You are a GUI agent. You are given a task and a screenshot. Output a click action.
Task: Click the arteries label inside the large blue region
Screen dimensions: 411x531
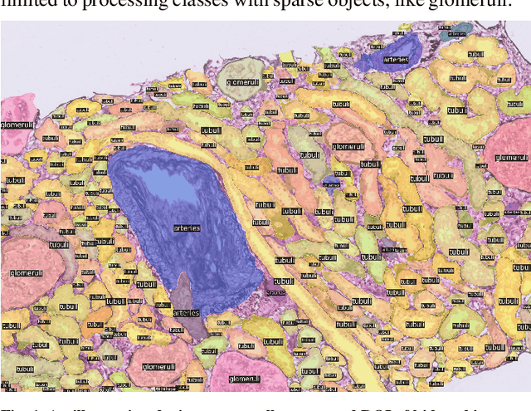pos(187,228)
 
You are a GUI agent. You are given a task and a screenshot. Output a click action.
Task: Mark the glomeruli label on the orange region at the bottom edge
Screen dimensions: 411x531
pos(157,366)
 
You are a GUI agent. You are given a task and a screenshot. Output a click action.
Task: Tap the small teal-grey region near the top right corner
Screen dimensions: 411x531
pos(454,33)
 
